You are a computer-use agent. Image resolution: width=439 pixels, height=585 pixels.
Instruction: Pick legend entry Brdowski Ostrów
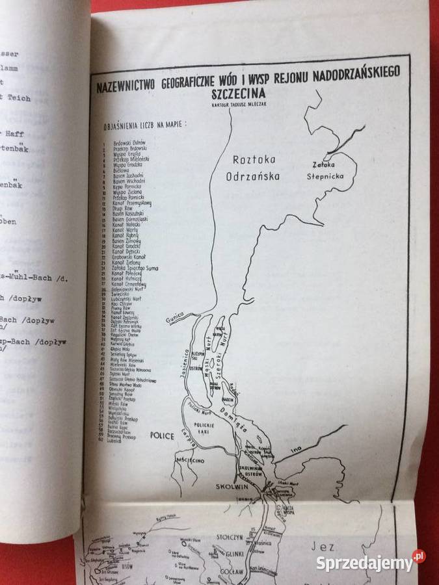[x=126, y=142]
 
